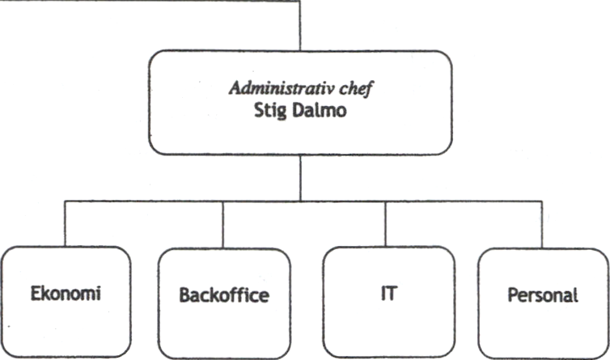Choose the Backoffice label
coord(223,295)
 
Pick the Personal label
coord(543,294)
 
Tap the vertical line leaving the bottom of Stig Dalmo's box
coord(300,178)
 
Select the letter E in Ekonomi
coord(36,294)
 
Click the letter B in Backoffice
coord(184,295)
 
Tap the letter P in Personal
coord(513,294)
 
